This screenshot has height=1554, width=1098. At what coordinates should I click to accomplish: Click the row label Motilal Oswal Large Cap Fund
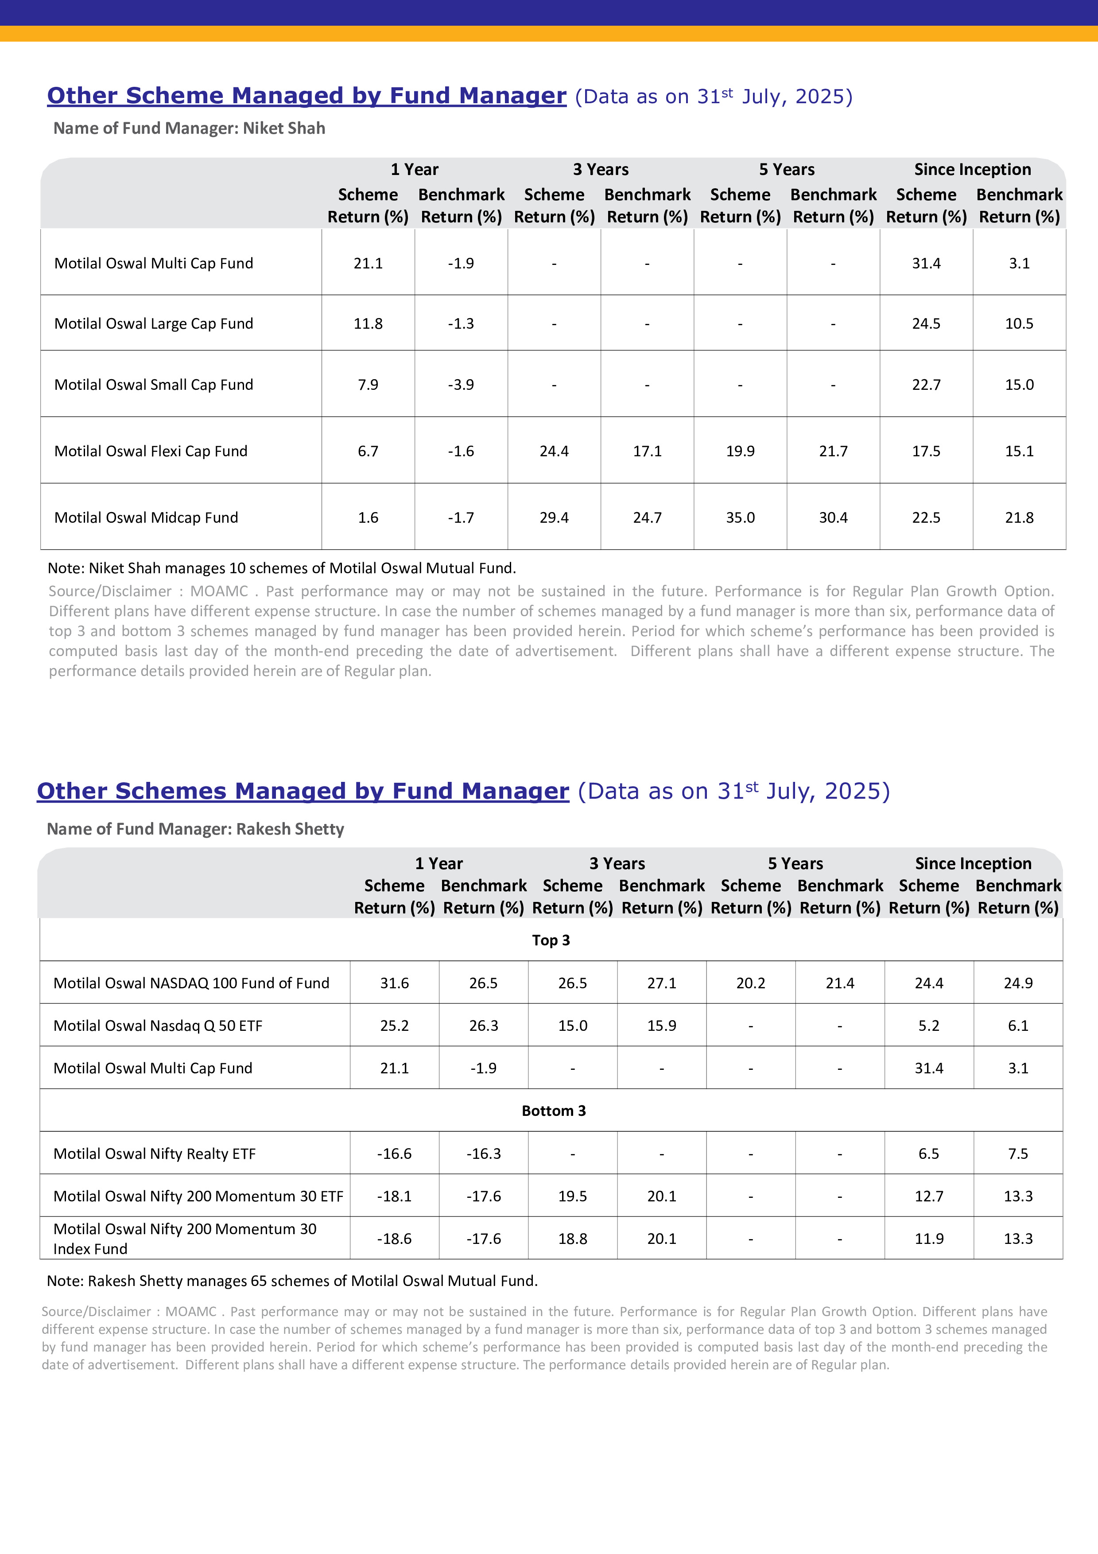pyautogui.click(x=154, y=323)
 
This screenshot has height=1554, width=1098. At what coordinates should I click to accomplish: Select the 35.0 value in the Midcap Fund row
pyautogui.click(x=740, y=518)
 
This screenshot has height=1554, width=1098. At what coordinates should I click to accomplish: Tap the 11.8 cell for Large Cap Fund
pyautogui.click(x=368, y=323)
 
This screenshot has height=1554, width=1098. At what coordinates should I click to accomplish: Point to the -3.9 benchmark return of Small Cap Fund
pyautogui.click(x=461, y=385)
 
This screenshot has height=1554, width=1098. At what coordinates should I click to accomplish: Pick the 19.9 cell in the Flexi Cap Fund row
pyautogui.click(x=740, y=451)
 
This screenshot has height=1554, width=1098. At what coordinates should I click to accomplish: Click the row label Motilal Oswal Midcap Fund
pyautogui.click(x=146, y=518)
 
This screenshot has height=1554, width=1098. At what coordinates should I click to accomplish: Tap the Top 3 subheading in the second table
pyautogui.click(x=551, y=940)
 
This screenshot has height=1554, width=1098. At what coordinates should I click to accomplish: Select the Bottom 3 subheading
pyautogui.click(x=553, y=1111)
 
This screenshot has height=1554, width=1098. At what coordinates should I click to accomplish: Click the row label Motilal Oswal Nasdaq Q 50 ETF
pyautogui.click(x=158, y=1026)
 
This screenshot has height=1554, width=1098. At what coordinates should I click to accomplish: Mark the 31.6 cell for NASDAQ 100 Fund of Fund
pyautogui.click(x=394, y=983)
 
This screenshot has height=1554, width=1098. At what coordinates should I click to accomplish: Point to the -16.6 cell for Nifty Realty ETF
pyautogui.click(x=394, y=1154)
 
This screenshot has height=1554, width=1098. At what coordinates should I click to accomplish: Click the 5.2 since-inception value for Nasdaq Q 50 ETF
pyautogui.click(x=929, y=1026)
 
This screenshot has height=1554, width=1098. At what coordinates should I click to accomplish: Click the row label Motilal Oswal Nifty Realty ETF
pyautogui.click(x=154, y=1154)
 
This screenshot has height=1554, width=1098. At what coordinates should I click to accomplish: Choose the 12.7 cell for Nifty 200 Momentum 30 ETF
pyautogui.click(x=929, y=1197)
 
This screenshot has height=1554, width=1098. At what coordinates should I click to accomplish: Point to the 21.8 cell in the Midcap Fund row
pyautogui.click(x=1019, y=518)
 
